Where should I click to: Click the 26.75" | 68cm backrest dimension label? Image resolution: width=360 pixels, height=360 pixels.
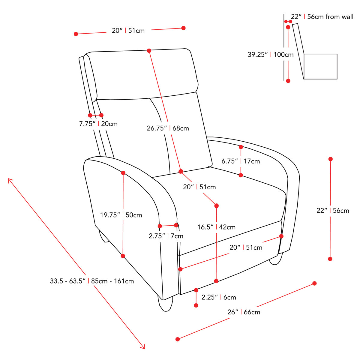pyautogui.click(x=168, y=128)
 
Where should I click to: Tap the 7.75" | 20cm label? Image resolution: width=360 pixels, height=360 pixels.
pyautogui.click(x=98, y=124)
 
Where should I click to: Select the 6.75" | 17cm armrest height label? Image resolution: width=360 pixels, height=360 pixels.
pyautogui.click(x=241, y=161)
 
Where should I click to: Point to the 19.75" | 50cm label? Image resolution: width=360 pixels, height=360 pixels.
pyautogui.click(x=121, y=215)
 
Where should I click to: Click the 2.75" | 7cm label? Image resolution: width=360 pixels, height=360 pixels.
pyautogui.click(x=166, y=236)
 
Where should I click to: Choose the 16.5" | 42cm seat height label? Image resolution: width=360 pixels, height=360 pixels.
pyautogui.click(x=216, y=227)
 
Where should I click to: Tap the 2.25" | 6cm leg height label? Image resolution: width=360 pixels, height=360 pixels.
pyautogui.click(x=219, y=297)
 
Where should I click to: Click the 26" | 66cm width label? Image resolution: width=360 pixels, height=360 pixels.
pyautogui.click(x=244, y=312)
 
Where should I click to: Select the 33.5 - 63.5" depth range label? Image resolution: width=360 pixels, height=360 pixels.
pyautogui.click(x=92, y=281)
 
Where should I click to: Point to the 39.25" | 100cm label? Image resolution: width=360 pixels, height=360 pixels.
pyautogui.click(x=271, y=55)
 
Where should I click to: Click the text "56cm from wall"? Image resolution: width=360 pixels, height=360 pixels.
pyautogui.click(x=330, y=17)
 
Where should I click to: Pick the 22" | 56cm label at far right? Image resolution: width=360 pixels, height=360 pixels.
pyautogui.click(x=333, y=211)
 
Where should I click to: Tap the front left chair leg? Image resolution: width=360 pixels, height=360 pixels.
pyautogui.click(x=166, y=304)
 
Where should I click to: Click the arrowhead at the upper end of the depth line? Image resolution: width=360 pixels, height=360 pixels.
pyautogui.click(x=9, y=180)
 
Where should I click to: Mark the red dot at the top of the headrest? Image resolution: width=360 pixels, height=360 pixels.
pyautogui.click(x=149, y=51)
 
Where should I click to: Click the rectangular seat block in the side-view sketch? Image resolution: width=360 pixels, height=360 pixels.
pyautogui.click(x=320, y=67)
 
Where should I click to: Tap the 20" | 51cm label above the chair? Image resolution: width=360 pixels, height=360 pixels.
pyautogui.click(x=128, y=31)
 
